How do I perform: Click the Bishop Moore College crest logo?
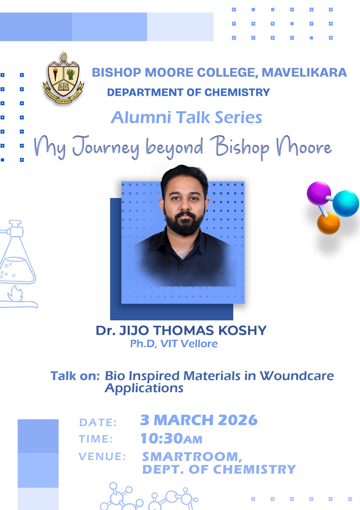63,78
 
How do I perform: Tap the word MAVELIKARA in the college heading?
304,73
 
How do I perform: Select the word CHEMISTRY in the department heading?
237,92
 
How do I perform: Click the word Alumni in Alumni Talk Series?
140,117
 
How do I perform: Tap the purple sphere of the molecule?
319,193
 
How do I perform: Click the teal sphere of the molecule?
346,204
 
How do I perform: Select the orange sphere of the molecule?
328,223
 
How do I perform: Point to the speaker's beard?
184,223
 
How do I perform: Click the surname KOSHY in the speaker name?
242,330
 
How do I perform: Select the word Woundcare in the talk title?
297,376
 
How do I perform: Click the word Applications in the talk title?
144,388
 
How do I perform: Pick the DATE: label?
98,423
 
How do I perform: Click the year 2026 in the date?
238,420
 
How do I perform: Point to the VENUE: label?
102,456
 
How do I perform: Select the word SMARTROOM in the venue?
190,457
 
